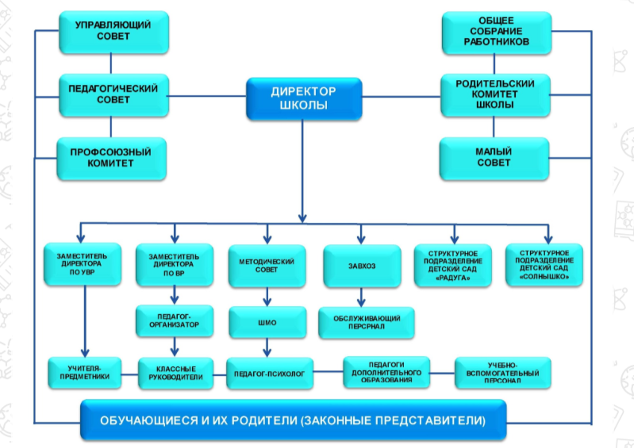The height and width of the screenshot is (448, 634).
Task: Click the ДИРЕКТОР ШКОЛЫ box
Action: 303,98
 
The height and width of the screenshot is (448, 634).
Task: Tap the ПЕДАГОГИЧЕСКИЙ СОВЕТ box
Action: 113,94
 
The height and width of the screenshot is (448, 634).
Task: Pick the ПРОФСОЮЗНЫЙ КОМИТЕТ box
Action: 113,156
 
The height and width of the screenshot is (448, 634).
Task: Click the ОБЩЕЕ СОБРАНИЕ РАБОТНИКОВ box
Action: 494,33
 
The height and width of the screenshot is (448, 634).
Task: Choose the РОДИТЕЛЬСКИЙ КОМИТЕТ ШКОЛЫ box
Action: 494,94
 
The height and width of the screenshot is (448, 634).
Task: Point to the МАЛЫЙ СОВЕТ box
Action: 494,156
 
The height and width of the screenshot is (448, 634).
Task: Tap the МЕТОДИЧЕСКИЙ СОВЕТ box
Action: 267,265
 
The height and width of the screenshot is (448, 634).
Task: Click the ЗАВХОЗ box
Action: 360,265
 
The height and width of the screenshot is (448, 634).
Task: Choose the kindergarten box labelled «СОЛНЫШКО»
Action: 545,265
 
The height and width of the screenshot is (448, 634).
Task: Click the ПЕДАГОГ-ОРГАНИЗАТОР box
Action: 174,319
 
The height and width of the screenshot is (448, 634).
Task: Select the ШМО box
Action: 267,322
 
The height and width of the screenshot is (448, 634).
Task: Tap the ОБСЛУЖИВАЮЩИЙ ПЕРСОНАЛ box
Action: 365,323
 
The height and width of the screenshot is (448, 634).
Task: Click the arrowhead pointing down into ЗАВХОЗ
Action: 361,237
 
